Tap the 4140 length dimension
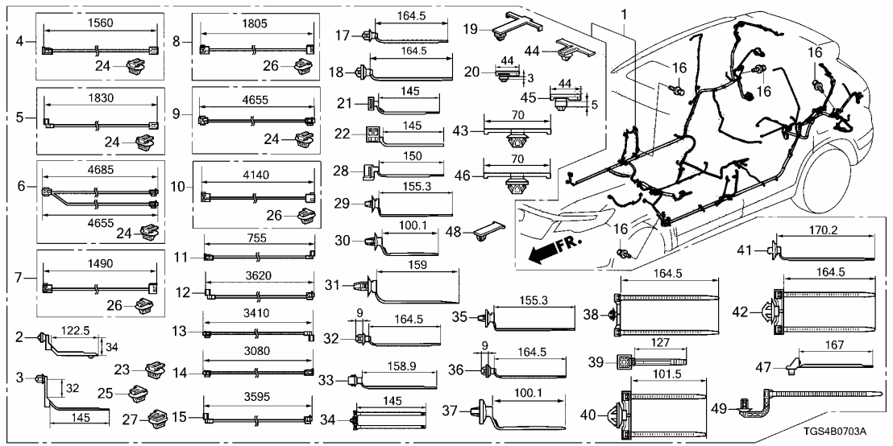click(x=257, y=171)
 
